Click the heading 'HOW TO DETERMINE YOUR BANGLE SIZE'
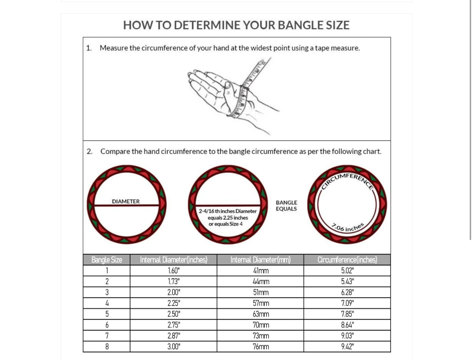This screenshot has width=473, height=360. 236,25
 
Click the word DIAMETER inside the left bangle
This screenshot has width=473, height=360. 126,201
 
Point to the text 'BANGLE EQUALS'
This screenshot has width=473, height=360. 286,206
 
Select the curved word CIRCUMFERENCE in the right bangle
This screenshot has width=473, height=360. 347,180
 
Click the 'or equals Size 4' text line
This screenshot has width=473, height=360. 225,224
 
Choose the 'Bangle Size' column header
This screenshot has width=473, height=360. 106,260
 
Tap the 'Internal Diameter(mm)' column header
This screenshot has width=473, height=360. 260,260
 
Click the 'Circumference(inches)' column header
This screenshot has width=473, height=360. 347,260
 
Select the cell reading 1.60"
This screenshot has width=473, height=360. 173,271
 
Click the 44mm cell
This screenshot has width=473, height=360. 261,281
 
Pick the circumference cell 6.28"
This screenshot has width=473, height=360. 347,292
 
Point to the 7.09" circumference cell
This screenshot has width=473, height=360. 347,303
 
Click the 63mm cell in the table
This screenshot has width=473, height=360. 261,314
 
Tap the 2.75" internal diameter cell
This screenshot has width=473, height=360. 173,325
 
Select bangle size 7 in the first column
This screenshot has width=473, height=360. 107,336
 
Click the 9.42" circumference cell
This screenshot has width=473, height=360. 347,346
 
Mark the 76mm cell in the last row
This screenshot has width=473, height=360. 261,346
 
